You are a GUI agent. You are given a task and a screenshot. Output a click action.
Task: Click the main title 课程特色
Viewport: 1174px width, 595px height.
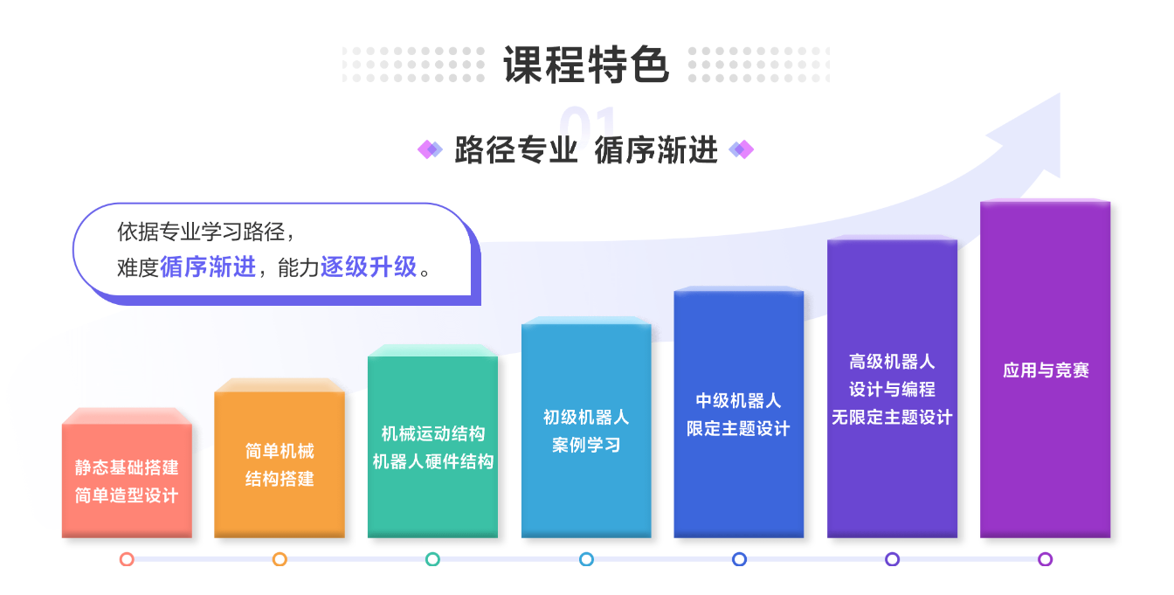click(x=586, y=65)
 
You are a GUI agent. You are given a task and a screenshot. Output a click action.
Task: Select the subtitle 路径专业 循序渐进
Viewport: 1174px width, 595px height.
click(x=586, y=150)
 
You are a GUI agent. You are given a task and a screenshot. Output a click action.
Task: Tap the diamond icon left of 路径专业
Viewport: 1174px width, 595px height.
click(x=430, y=150)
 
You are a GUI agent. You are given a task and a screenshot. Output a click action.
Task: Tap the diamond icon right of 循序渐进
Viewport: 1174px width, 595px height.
click(x=741, y=150)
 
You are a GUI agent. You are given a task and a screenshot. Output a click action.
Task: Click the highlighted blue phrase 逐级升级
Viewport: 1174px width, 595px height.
click(x=369, y=266)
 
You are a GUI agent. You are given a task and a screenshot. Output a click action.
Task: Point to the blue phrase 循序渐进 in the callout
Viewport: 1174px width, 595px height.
click(x=208, y=266)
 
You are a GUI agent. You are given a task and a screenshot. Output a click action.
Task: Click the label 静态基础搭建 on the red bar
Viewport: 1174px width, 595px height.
click(x=127, y=467)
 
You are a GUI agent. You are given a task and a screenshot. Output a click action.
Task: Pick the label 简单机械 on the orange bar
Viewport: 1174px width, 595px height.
click(x=280, y=451)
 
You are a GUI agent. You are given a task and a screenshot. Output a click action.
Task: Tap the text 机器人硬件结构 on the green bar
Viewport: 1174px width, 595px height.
click(x=433, y=461)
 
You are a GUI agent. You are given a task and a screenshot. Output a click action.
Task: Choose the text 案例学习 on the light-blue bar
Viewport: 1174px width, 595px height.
click(x=586, y=445)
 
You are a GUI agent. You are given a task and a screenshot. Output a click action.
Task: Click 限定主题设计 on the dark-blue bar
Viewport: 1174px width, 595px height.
click(x=738, y=429)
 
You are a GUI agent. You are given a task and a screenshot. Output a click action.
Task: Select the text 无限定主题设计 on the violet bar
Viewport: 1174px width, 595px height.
click(x=892, y=418)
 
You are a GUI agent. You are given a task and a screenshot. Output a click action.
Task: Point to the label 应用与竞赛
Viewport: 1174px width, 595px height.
click(x=1046, y=370)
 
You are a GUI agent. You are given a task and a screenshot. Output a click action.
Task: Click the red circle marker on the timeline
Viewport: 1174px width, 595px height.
click(x=127, y=559)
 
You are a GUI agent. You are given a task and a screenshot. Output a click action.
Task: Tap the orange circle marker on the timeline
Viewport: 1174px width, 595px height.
click(x=280, y=559)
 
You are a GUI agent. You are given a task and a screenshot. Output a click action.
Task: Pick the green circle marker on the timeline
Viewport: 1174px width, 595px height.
click(x=433, y=559)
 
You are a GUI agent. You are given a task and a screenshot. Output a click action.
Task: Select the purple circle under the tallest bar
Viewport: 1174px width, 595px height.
click(x=1046, y=559)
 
